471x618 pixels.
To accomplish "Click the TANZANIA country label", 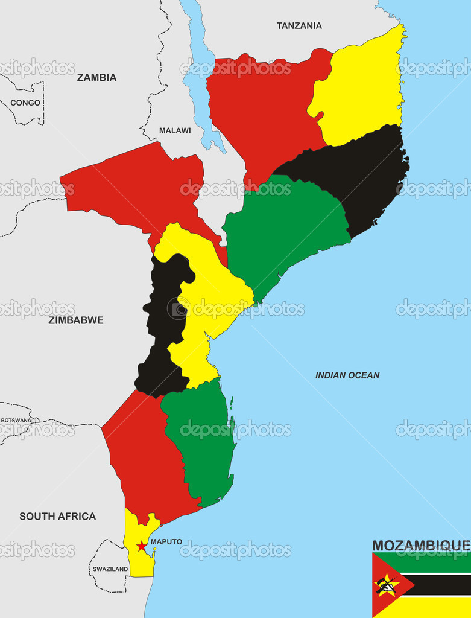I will tap(299, 25).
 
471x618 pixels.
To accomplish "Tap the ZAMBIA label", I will tap(96, 77).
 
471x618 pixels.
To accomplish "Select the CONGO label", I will tap(25, 103).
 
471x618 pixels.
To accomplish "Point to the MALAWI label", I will tap(175, 130).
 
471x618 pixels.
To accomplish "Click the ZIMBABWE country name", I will tap(75, 320).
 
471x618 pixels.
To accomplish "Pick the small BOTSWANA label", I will tap(16, 420).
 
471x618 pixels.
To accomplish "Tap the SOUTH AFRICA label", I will tap(57, 516).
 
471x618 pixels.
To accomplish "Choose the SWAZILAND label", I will tap(110, 569).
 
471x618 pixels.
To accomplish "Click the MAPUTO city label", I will tap(166, 541).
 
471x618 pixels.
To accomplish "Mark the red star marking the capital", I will tap(142, 546).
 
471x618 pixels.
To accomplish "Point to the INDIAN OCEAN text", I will tap(347, 375).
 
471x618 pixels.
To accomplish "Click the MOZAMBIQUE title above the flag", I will tap(420, 546).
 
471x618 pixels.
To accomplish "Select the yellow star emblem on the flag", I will tap(385, 585).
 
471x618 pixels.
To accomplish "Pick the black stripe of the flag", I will tap(440, 584).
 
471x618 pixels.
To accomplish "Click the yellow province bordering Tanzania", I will tap(359, 91).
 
